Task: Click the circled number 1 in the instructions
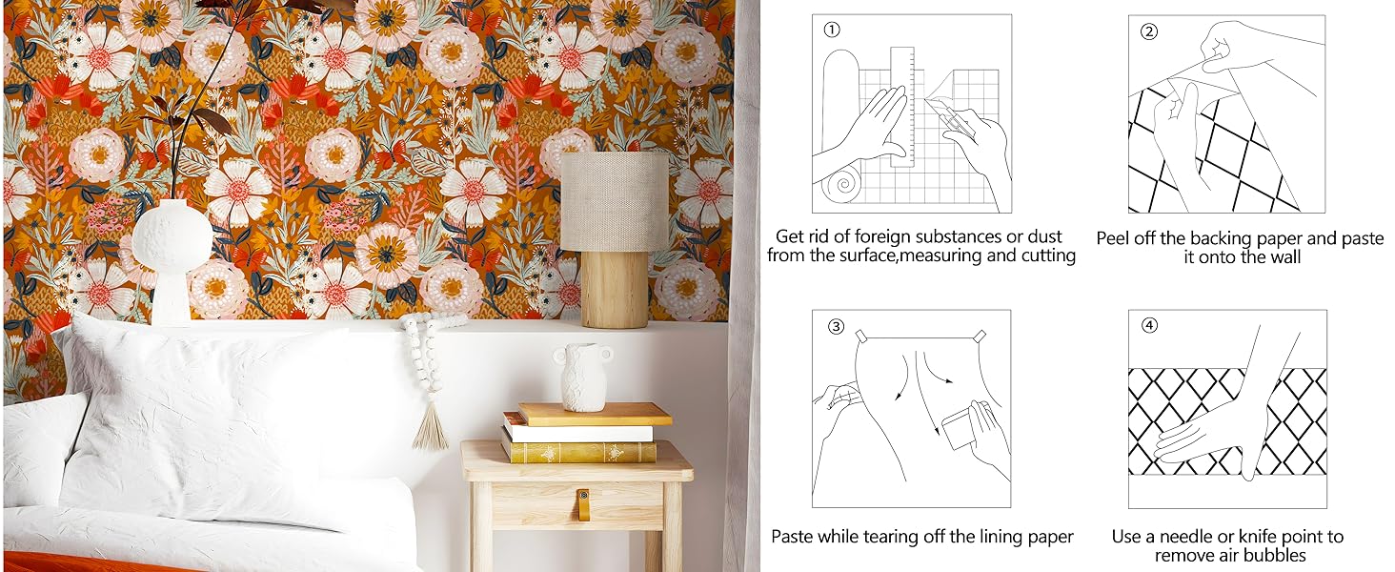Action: (832, 31)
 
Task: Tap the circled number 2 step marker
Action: (1149, 31)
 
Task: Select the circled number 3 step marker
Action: (836, 326)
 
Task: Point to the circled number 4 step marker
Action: (1150, 326)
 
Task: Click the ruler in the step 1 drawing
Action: (901, 105)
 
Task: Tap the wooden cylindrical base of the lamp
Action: (615, 288)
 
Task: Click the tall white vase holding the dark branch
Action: (172, 257)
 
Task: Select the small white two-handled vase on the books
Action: (582, 377)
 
